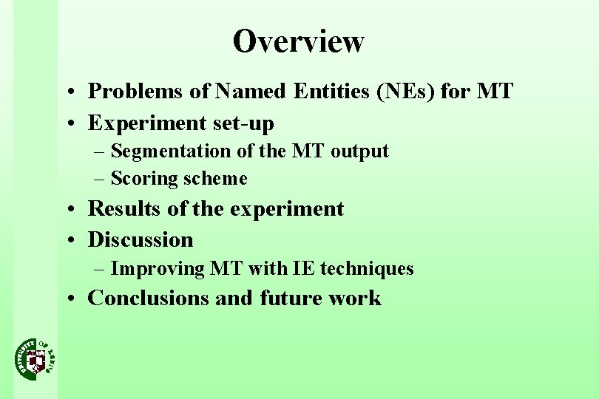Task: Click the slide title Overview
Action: tap(298, 41)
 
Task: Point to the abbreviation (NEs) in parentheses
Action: tap(409, 92)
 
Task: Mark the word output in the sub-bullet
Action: tap(359, 151)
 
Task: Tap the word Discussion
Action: tap(141, 239)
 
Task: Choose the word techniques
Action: tap(367, 269)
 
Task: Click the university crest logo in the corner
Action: tap(35, 358)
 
